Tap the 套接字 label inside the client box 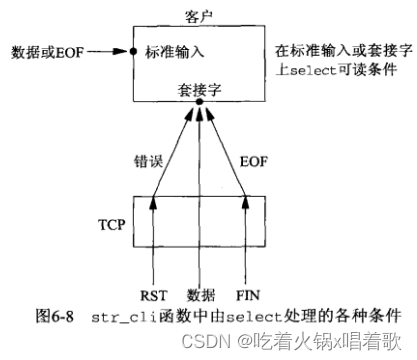point(200,88)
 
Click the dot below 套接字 point(200,102)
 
